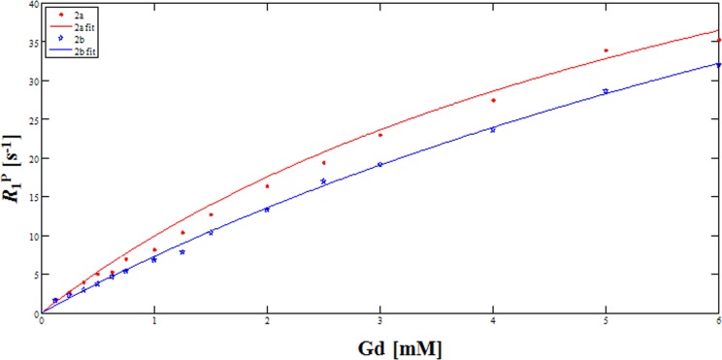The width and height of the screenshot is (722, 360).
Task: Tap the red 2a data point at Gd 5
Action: (606, 50)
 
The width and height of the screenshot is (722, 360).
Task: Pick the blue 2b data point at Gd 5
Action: (606, 91)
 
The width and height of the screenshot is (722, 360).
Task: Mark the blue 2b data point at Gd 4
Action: (493, 129)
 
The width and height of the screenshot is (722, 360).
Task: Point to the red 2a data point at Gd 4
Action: (493, 100)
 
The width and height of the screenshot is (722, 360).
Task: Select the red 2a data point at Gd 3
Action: (380, 135)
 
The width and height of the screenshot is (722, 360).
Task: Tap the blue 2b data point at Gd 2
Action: (267, 209)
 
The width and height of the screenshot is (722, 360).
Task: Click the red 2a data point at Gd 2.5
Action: (323, 162)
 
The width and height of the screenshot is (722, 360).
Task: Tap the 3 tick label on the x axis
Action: (380, 321)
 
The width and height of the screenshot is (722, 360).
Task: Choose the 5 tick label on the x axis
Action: (606, 321)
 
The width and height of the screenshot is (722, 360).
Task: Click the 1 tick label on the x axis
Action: (154, 321)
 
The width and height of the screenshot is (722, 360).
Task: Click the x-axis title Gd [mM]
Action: (380, 344)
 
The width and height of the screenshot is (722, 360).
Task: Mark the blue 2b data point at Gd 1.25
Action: (182, 252)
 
